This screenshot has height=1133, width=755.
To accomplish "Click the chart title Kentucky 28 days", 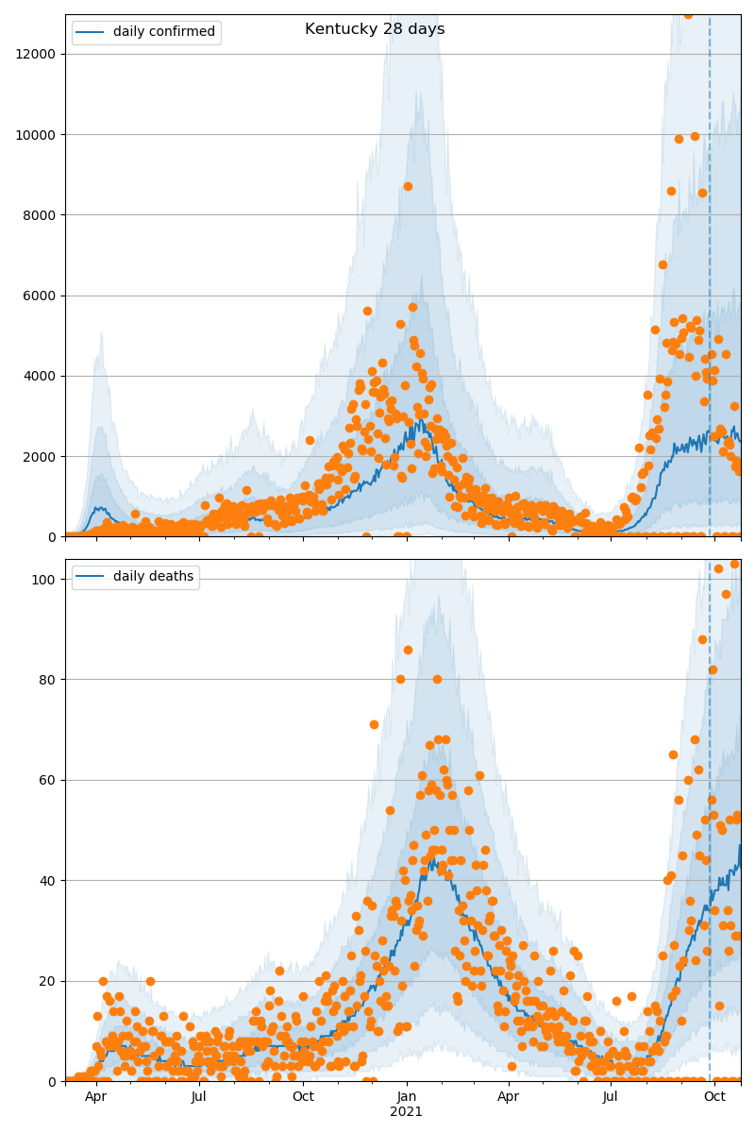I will (x=375, y=29).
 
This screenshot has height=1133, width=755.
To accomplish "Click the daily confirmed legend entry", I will (x=163, y=32).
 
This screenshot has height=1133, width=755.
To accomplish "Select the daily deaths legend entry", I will (x=153, y=577).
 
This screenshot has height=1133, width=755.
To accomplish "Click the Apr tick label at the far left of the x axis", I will (x=95, y=1097).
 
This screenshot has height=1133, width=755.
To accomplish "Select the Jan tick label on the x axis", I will (x=407, y=1097).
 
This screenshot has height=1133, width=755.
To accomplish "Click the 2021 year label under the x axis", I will (x=407, y=1112).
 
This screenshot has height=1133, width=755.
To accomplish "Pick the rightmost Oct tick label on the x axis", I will (x=714, y=1097).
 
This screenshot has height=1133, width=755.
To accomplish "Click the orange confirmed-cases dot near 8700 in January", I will (x=408, y=186).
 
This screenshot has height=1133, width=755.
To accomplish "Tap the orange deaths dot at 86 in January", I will (x=408, y=650).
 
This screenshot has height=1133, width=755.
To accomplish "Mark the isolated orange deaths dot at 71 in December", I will (x=374, y=724).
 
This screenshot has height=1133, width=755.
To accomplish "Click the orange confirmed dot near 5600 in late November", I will (x=367, y=311).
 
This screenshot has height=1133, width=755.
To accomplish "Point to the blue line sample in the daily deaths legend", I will (x=91, y=577).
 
